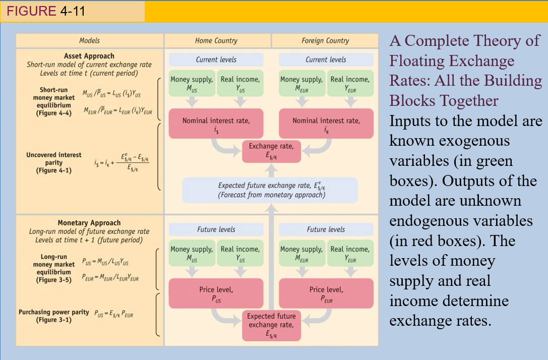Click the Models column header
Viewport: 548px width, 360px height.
point(89,40)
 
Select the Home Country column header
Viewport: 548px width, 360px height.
point(216,40)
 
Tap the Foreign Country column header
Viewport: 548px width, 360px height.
point(325,40)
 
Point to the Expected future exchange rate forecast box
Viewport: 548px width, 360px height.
point(271,190)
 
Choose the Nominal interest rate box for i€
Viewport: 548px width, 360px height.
point(326,124)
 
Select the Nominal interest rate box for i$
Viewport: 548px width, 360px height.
point(216,124)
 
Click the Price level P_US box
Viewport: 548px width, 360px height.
point(216,293)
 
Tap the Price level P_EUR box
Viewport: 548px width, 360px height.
point(326,293)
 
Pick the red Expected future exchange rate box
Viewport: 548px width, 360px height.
point(271,324)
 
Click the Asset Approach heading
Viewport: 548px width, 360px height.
point(89,56)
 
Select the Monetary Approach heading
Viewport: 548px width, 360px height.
point(89,223)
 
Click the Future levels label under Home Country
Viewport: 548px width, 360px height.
point(216,229)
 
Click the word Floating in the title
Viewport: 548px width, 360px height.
point(419,61)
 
